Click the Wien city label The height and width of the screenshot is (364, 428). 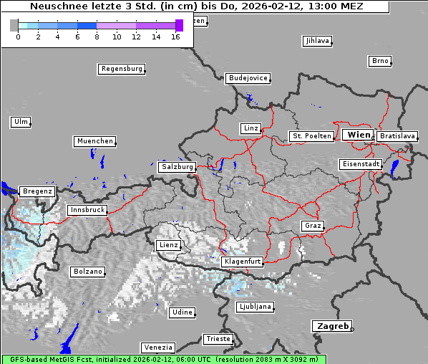click(x=359, y=135)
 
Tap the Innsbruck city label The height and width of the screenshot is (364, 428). click(x=87, y=210)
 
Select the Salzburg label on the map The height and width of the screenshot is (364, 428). click(x=177, y=166)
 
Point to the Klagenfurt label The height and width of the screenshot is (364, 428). click(x=242, y=262)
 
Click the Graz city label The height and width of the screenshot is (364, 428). click(x=313, y=226)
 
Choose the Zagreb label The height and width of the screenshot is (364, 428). click(x=331, y=326)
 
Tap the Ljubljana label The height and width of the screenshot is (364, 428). click(x=255, y=307)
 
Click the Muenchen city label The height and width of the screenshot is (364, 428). click(x=94, y=141)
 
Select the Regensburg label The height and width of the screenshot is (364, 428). click(x=121, y=69)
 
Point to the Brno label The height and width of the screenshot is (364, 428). click(x=380, y=61)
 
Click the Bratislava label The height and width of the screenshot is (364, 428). click(x=397, y=135)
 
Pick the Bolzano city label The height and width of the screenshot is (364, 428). click(x=88, y=272)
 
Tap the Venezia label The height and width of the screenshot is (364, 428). click(x=157, y=347)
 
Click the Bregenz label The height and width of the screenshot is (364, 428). click(x=37, y=191)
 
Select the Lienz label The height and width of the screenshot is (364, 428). click(x=168, y=245)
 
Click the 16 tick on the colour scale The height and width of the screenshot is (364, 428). click(x=175, y=36)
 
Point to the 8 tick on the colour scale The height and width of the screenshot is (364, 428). click(x=97, y=36)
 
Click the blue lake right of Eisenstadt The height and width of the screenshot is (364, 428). click(x=395, y=168)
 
